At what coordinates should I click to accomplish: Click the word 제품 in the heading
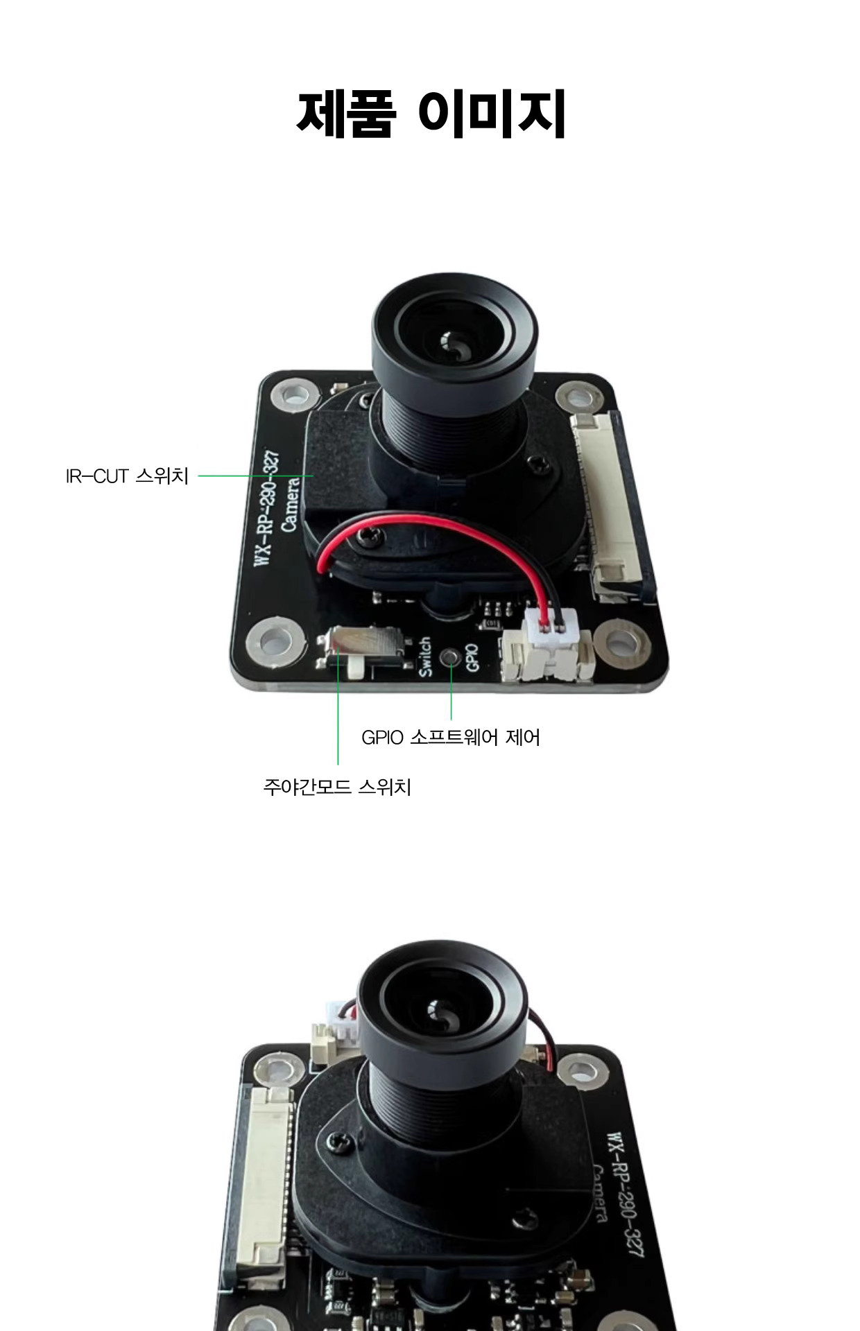coord(345,113)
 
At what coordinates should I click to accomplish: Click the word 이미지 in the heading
coord(492,113)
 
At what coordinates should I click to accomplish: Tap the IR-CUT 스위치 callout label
coord(127,476)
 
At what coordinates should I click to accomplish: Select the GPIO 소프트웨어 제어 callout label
coord(450,737)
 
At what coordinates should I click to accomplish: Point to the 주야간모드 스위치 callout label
coord(337,788)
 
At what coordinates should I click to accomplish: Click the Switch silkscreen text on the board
coord(425,656)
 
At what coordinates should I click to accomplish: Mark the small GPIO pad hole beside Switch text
coord(452,654)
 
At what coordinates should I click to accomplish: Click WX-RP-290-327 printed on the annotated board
coord(267,508)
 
